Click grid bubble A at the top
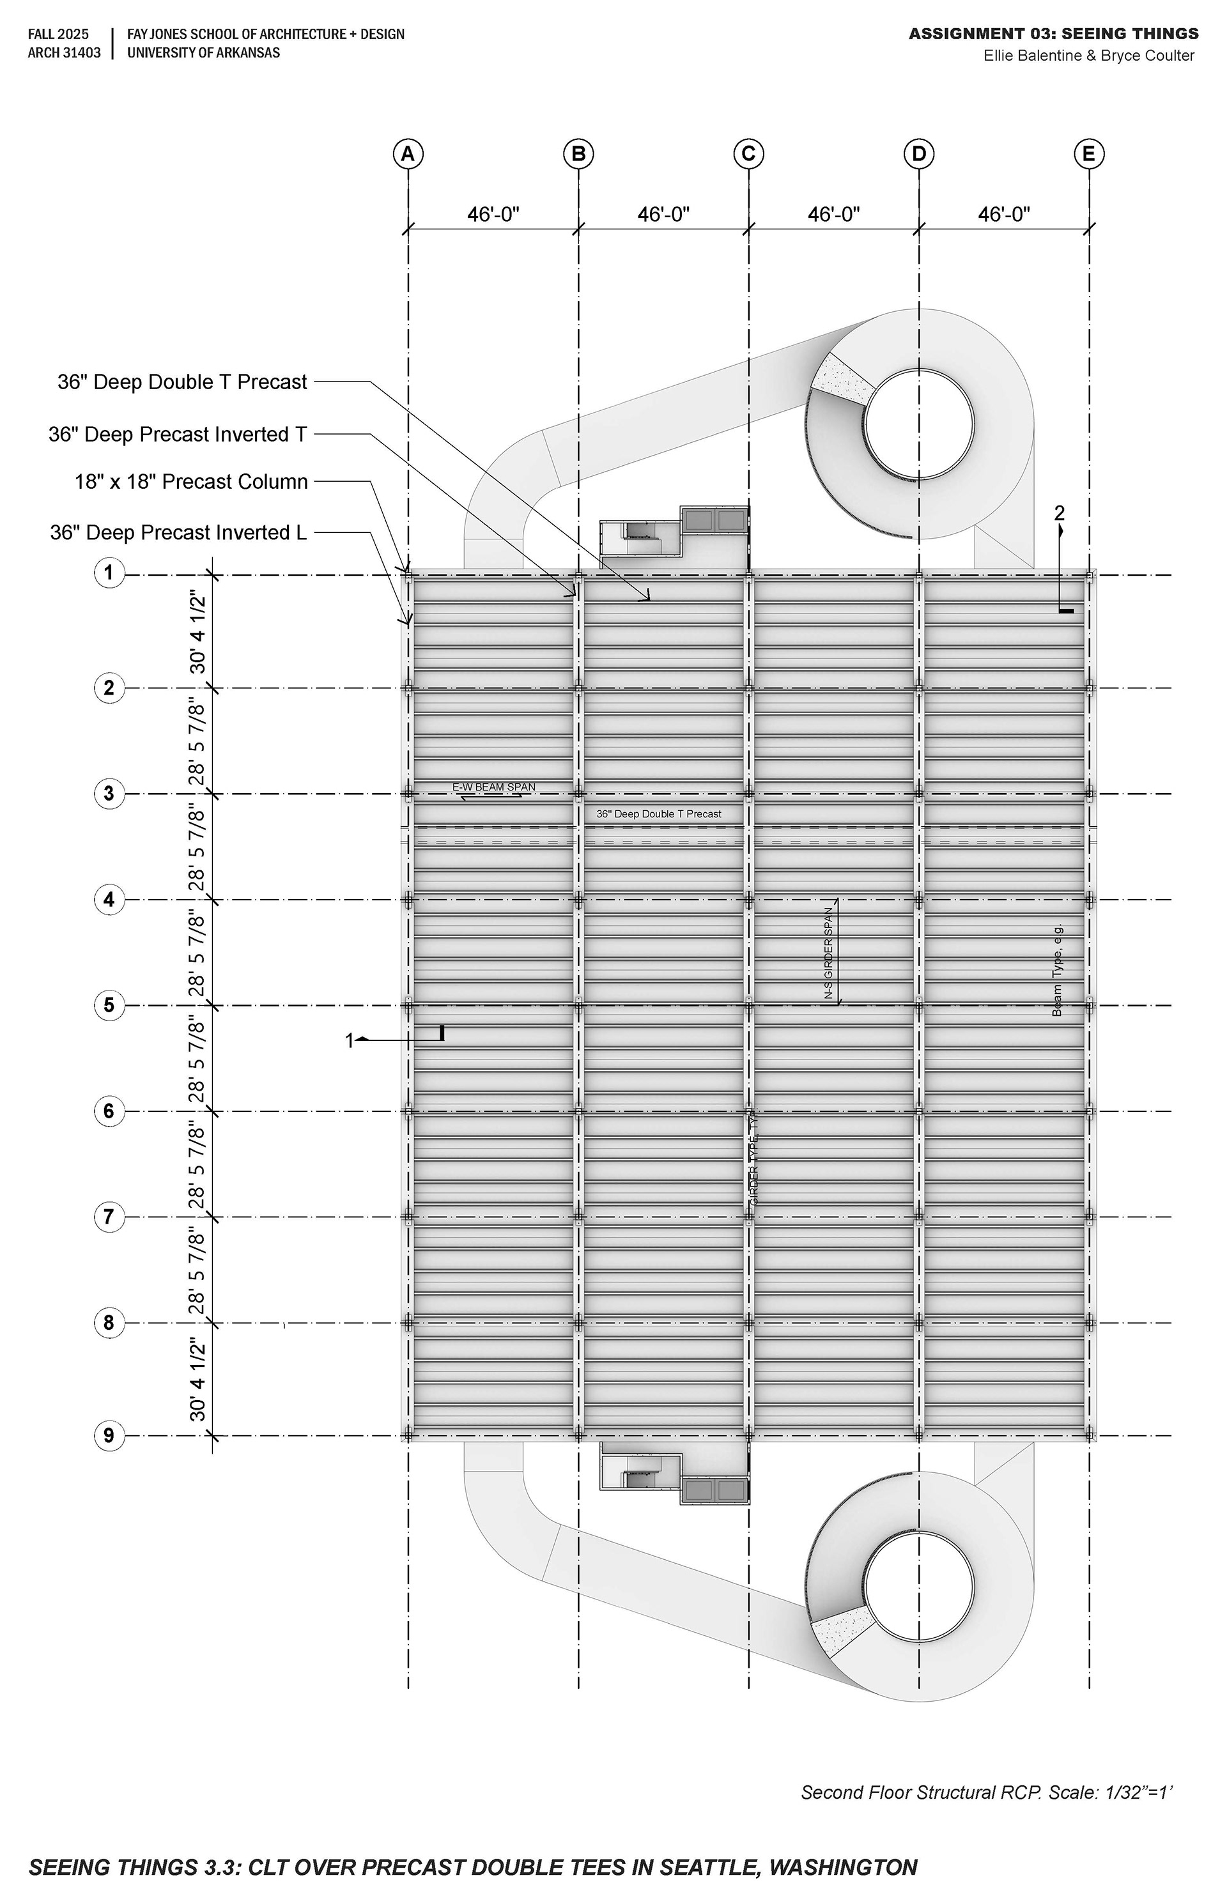(x=408, y=154)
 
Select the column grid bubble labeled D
(x=919, y=154)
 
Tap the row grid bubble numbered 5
(x=109, y=1005)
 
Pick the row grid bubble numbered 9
(x=109, y=1437)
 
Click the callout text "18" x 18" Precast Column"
(x=191, y=482)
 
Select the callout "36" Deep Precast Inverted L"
(x=178, y=533)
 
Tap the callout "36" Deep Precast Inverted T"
(x=178, y=434)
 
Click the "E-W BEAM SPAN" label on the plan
(x=494, y=787)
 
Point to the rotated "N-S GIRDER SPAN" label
(x=829, y=953)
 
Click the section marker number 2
(x=1059, y=513)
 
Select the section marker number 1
(x=349, y=1040)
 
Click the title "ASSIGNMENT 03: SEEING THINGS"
(x=1053, y=33)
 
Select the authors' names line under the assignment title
(x=1088, y=56)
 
